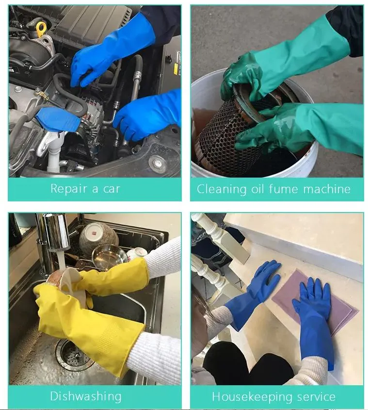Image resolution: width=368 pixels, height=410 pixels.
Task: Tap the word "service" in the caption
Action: click(x=314, y=396)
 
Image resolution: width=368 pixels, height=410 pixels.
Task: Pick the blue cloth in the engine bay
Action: click(x=57, y=119)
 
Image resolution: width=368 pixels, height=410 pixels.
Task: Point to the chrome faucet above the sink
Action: click(x=53, y=243)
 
